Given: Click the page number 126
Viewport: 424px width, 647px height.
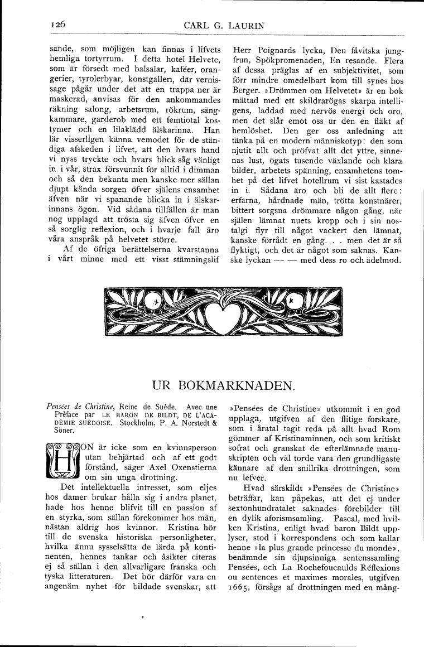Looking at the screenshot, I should click(x=58, y=25).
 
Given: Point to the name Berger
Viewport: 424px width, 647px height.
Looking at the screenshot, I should click(x=244, y=90).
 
